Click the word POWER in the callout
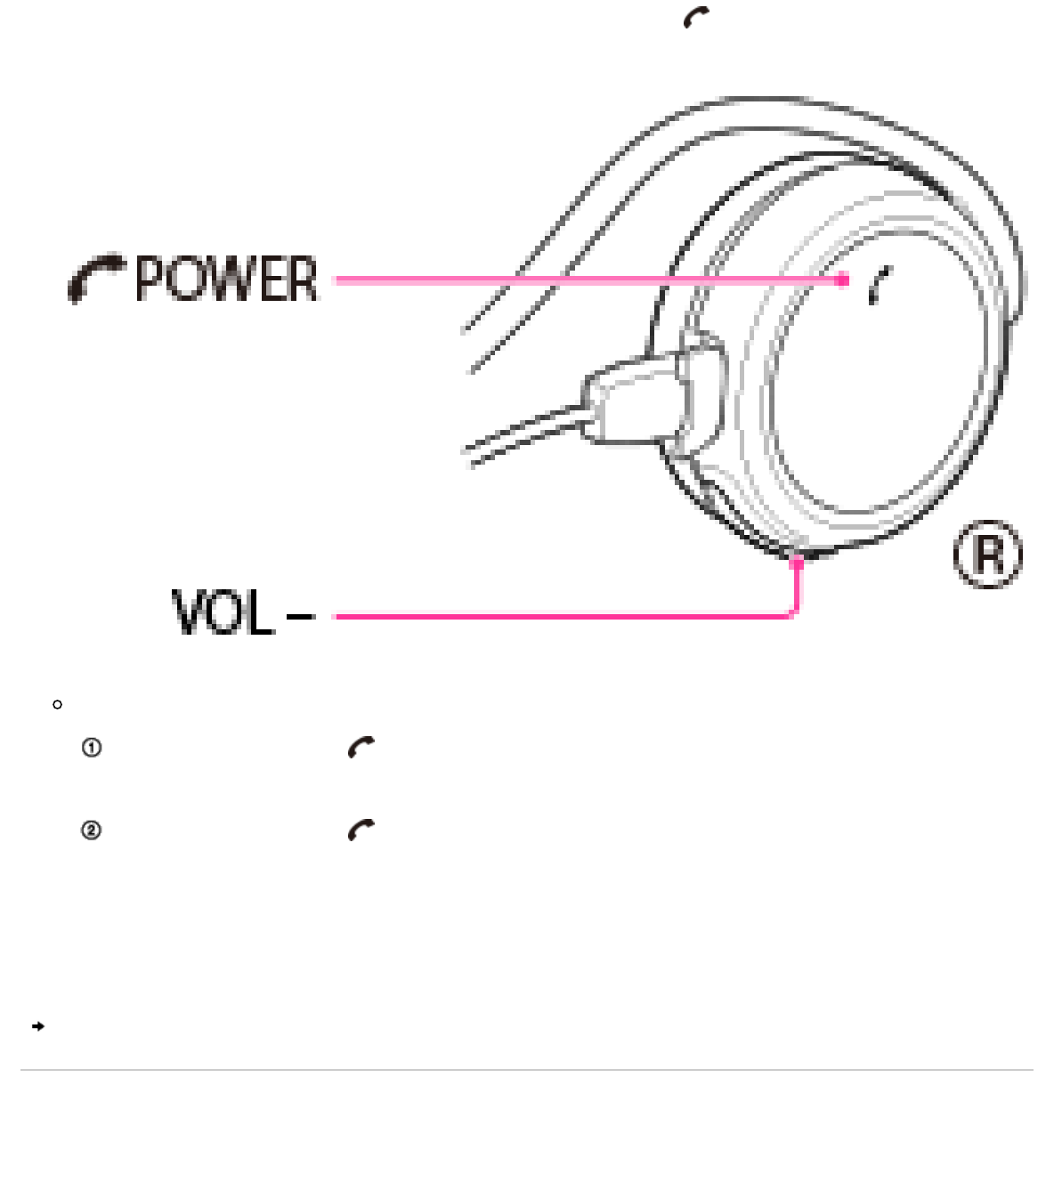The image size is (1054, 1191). (x=226, y=280)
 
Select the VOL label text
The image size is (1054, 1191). (x=222, y=613)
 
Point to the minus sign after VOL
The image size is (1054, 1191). (x=301, y=615)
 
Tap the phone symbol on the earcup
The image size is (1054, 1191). (x=880, y=285)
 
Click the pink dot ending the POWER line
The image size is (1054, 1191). (x=842, y=280)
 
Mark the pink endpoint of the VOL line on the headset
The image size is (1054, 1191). (x=798, y=562)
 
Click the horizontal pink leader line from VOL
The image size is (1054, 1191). (x=561, y=615)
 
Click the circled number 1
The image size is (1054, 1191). (x=91, y=748)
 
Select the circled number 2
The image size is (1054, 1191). (x=91, y=830)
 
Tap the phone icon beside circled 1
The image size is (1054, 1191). (x=361, y=748)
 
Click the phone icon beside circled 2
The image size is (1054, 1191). (x=361, y=830)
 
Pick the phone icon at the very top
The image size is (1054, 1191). (x=696, y=17)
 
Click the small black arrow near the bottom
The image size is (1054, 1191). (x=37, y=1026)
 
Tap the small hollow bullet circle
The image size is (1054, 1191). (x=58, y=705)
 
